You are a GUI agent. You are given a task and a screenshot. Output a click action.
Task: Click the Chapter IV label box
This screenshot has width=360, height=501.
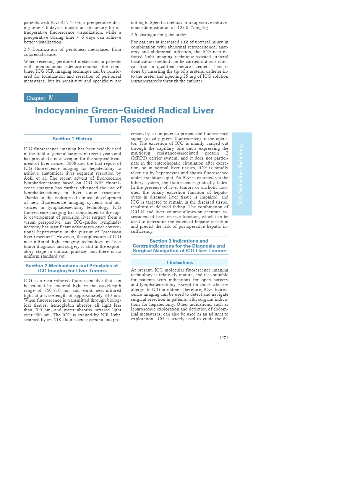[51, 98]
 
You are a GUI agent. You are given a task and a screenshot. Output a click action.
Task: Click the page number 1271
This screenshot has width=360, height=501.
[223, 338]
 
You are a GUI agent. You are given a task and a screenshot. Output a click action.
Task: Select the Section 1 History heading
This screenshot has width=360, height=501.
[72, 139]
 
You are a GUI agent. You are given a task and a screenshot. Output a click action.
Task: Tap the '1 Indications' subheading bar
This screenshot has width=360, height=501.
[179, 263]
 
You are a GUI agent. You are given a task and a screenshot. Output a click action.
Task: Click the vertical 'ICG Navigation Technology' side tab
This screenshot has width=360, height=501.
[242, 174]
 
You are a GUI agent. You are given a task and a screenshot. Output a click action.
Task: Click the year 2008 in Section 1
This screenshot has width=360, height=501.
[72, 163]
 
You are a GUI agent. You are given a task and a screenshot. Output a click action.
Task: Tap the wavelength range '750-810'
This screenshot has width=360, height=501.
[53, 290]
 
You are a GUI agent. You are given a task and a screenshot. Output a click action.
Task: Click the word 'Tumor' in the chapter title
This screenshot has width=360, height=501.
[103, 120]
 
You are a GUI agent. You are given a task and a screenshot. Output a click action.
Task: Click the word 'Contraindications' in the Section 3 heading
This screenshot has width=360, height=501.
[152, 246]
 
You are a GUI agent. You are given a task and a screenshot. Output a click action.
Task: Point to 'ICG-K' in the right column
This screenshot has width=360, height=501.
[138, 212]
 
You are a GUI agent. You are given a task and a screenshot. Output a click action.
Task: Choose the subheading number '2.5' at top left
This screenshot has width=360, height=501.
[27, 49]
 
